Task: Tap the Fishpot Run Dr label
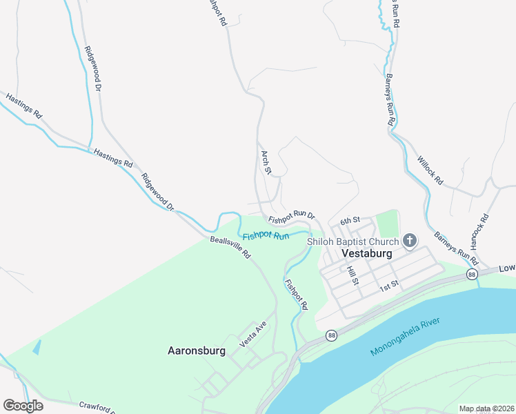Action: pos(291,217)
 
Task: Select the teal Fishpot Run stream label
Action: pos(266,236)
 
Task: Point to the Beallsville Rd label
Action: pos(230,248)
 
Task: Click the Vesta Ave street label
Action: pos(252,334)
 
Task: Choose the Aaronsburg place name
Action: pos(197,351)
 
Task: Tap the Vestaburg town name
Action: pos(368,253)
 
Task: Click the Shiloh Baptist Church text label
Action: pos(353,241)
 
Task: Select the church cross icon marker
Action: pos(410,241)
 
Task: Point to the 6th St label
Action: pos(350,220)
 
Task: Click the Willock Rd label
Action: pos(430,170)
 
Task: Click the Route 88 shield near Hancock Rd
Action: pos(471,275)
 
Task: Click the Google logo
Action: pos(23,406)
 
